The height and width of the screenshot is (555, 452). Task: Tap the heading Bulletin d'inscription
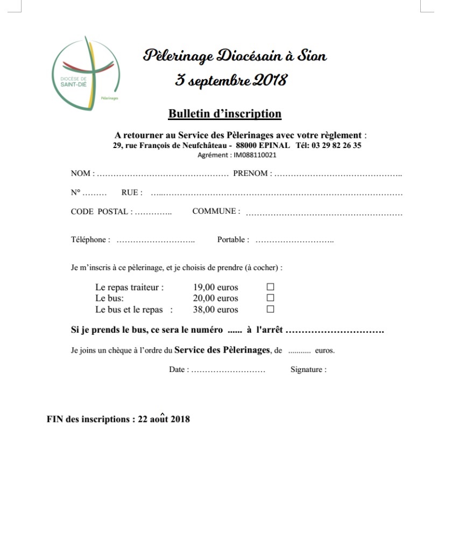(224, 114)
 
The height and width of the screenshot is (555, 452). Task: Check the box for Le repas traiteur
(271, 287)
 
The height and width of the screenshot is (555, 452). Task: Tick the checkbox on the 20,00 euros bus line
(271, 298)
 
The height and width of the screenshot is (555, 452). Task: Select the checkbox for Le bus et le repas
(271, 309)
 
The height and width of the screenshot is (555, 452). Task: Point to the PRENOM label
(250, 173)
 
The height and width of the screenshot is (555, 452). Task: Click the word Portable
(231, 240)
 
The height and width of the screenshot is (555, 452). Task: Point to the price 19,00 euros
(215, 287)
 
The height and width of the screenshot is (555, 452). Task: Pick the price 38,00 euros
(215, 310)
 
